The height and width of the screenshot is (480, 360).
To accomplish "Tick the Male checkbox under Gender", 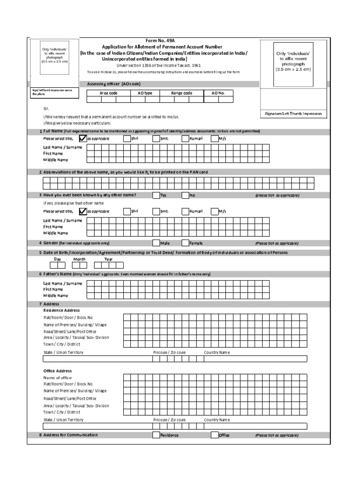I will click(156, 243).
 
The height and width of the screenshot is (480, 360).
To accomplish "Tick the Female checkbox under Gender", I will click(185, 243).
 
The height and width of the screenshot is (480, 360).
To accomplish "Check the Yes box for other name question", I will click(156, 195).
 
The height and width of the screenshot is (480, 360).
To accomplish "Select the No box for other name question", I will click(185, 195).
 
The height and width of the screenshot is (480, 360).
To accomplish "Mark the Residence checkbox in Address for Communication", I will click(156, 435).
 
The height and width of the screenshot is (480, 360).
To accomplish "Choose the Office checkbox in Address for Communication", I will click(215, 435).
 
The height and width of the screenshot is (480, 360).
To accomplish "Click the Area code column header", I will click(108, 93).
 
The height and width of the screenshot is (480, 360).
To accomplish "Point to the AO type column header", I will click(145, 93).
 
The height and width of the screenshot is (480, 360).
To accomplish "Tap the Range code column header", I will click(181, 93).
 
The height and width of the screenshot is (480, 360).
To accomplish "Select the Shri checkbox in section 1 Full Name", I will click(127, 139).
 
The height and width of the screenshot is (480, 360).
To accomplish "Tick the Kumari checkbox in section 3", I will click(185, 211).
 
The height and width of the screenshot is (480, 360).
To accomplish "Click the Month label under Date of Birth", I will click(79, 259).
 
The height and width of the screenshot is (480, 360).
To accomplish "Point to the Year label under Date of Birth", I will click(108, 259).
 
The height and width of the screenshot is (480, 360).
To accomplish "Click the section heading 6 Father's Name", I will click(57, 273).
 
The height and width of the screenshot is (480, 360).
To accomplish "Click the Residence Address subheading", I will click(61, 310).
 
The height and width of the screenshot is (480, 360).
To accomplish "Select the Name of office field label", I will click(58, 377).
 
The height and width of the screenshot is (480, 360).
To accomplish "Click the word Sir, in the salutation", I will click(46, 108).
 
